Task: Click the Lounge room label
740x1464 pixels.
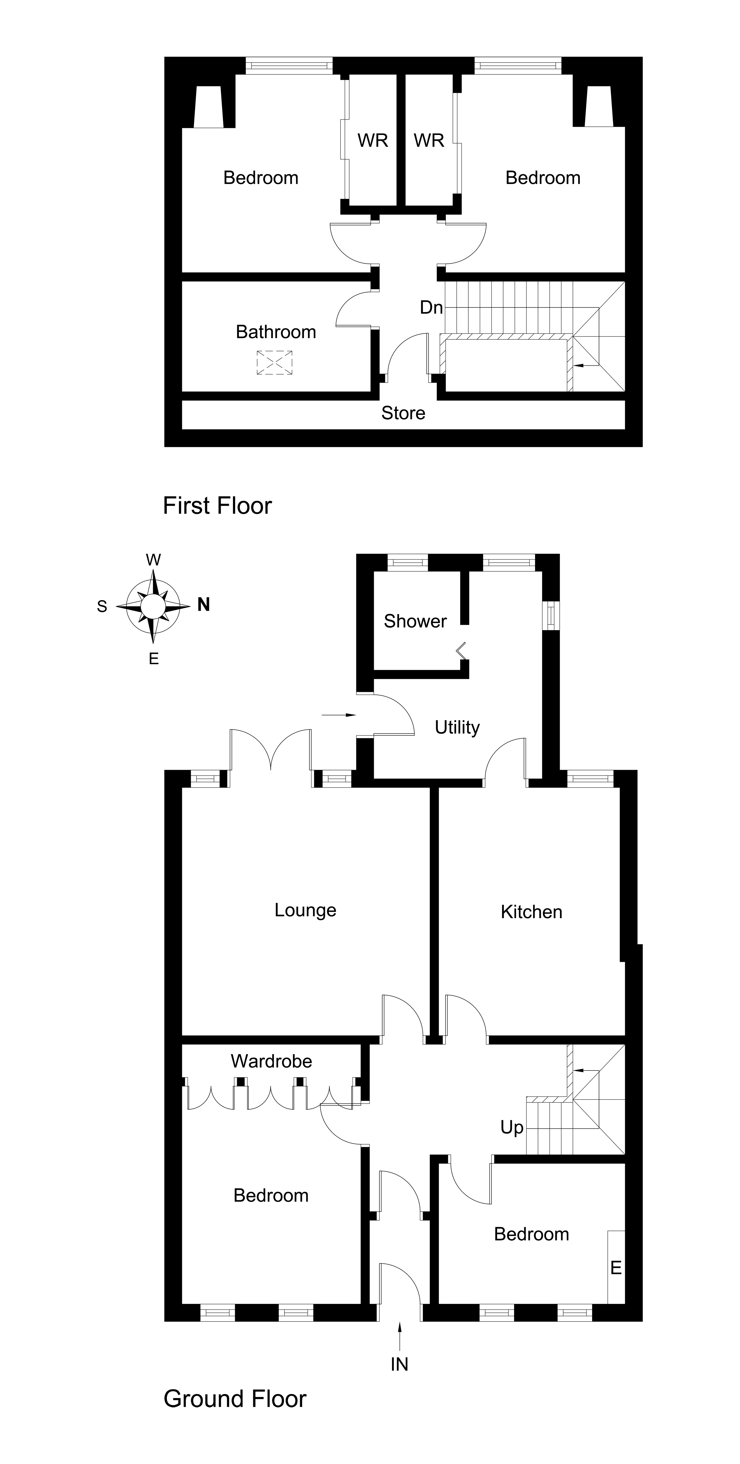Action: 305,910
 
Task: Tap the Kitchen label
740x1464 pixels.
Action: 531,911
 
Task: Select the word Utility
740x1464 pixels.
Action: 457,727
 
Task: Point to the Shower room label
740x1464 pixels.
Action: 415,621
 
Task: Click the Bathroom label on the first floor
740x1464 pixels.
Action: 276,332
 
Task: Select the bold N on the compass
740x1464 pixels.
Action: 203,605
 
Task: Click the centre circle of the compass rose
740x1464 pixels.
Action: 153,606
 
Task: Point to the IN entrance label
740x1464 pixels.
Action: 399,1364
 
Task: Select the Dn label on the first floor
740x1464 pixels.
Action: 431,307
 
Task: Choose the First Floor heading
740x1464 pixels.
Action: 217,505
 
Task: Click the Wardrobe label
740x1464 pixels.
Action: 271,1061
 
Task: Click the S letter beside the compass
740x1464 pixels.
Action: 102,606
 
